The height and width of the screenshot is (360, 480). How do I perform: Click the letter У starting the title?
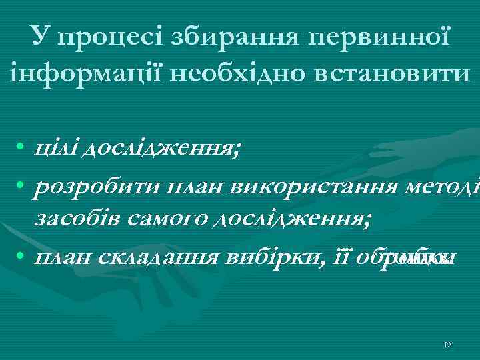pyautogui.click(x=39, y=39)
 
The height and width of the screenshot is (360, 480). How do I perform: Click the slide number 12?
pyautogui.click(x=448, y=345)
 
